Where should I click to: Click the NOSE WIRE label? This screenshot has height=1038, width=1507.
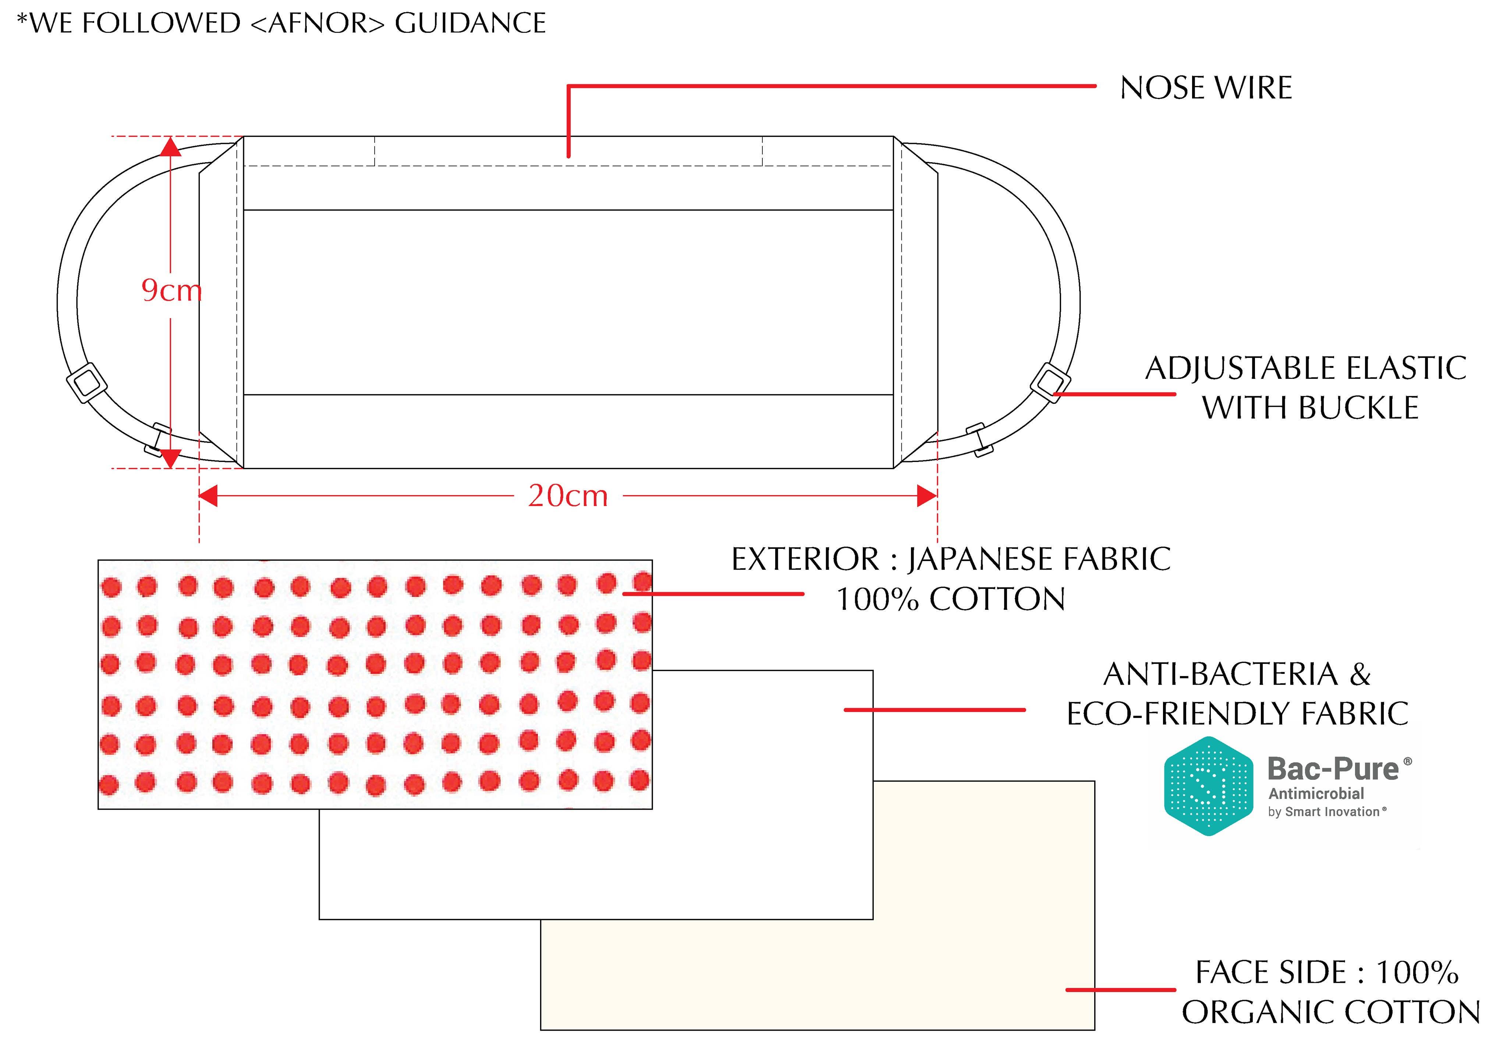[1205, 88]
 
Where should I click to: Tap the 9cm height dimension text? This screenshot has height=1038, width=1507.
[171, 290]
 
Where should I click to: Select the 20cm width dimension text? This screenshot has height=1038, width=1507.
[568, 496]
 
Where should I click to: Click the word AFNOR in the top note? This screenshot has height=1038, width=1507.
[318, 24]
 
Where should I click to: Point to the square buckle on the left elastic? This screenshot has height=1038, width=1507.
[86, 382]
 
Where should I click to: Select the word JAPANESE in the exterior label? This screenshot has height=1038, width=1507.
[979, 559]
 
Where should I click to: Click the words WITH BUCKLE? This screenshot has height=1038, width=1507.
[1309, 408]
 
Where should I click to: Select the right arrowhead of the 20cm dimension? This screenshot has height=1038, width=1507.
[926, 496]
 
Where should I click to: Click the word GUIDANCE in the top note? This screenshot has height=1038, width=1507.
[470, 24]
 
